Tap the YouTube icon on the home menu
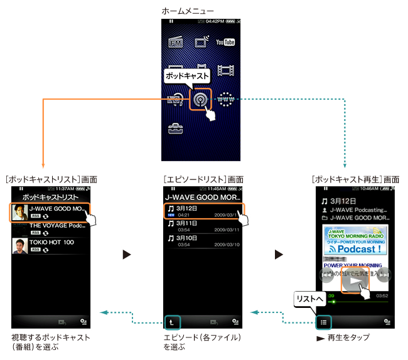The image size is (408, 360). click(225, 42)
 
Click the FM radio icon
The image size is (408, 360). click(176, 43)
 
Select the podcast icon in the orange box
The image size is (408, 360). click(201, 99)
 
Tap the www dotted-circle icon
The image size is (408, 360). click(225, 99)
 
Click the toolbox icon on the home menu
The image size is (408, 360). click(176, 129)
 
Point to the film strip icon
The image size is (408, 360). click(225, 70)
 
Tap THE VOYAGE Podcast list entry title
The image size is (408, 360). click(57, 225)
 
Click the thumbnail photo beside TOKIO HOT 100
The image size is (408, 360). click(19, 245)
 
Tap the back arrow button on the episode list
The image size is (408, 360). click(173, 322)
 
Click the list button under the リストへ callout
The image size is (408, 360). click(322, 322)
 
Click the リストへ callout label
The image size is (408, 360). click(311, 301)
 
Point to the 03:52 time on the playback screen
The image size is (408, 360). click(382, 294)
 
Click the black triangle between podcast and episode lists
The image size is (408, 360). click(127, 255)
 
